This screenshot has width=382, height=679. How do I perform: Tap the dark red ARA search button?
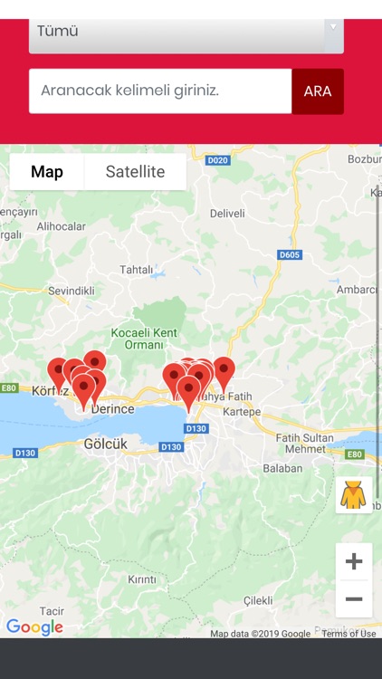(x=318, y=91)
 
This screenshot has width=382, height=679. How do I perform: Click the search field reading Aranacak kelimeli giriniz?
(x=160, y=91)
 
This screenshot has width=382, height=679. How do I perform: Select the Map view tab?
(x=47, y=172)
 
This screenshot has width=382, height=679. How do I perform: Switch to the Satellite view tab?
(x=135, y=172)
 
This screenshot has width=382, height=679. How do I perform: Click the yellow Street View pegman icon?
(x=353, y=495)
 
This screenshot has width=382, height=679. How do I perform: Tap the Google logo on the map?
(x=34, y=626)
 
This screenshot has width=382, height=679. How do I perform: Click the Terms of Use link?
(x=349, y=634)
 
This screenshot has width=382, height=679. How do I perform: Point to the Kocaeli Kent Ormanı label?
(x=143, y=339)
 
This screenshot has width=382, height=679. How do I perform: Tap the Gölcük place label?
(x=105, y=444)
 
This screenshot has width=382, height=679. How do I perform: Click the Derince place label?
(x=112, y=409)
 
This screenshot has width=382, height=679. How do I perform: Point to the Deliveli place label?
(x=227, y=214)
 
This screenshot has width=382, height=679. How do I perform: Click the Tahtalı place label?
(x=138, y=270)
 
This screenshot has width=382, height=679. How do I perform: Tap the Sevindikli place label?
(x=72, y=291)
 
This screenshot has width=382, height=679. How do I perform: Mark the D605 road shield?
(x=290, y=255)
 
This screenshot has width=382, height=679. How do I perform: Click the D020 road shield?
(x=217, y=160)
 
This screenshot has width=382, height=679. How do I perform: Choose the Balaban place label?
(x=282, y=468)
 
